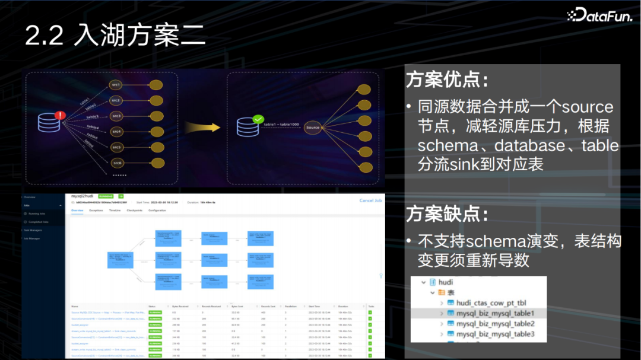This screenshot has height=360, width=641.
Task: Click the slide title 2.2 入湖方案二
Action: (115, 36)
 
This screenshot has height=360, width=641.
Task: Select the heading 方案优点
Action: (448, 79)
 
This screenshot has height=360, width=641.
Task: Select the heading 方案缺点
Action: (448, 214)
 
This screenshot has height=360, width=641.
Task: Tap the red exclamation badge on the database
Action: (60, 115)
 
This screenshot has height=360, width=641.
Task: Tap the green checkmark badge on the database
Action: (258, 119)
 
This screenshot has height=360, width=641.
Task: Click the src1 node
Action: (116, 85)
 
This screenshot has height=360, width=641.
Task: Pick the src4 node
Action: (116, 131)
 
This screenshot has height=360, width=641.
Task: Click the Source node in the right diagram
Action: (313, 127)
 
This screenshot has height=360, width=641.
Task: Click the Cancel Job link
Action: (370, 200)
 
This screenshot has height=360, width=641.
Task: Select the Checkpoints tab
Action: (134, 211)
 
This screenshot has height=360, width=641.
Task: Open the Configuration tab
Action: (157, 211)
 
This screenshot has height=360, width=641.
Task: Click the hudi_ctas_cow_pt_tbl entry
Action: (491, 302)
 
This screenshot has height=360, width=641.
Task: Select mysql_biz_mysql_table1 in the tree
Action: (495, 313)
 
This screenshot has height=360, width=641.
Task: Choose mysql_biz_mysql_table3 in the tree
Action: (495, 334)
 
